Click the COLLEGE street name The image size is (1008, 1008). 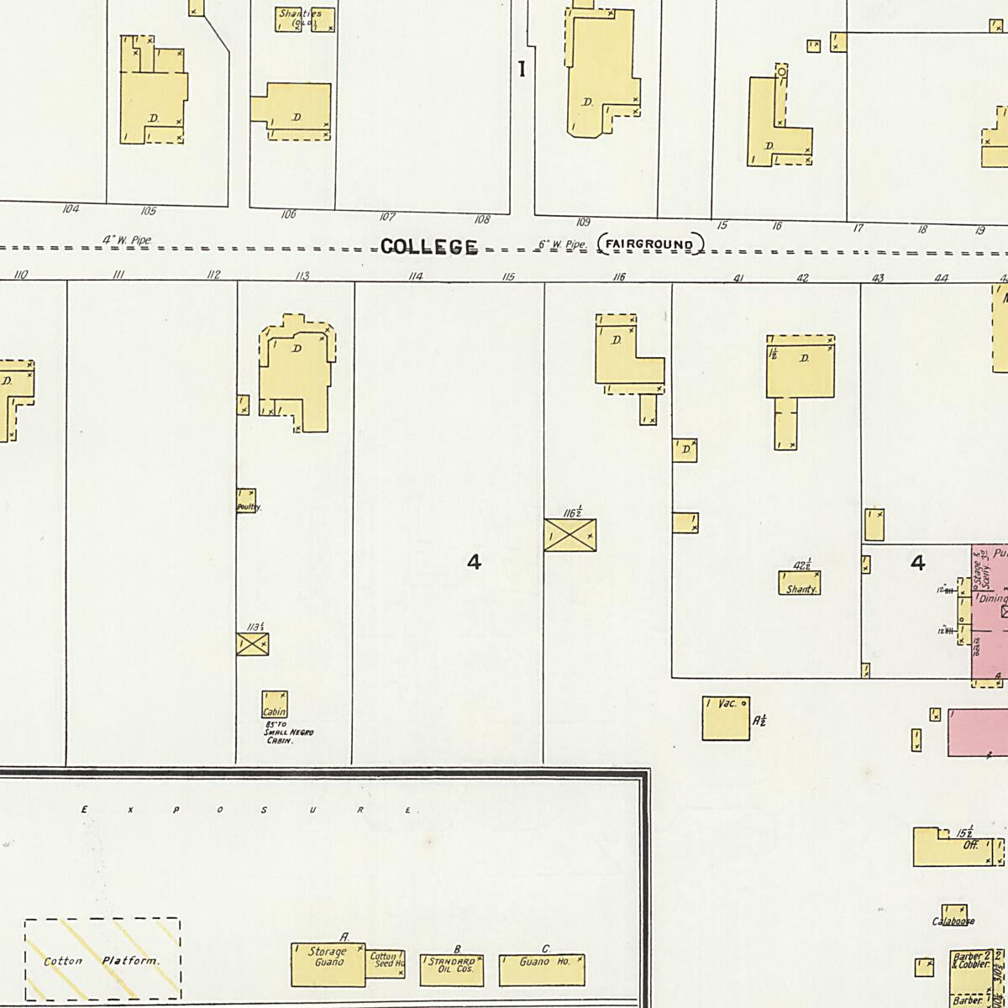pyautogui.click(x=428, y=246)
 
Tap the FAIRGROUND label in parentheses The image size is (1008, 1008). pyautogui.click(x=650, y=245)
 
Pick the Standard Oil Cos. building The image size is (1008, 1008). pyautogui.click(x=452, y=968)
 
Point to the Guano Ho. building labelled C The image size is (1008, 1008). pyautogui.click(x=542, y=969)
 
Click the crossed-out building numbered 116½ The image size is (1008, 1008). pyautogui.click(x=570, y=535)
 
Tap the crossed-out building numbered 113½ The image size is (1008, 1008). pyautogui.click(x=252, y=644)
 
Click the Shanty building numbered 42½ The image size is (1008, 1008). pyautogui.click(x=799, y=583)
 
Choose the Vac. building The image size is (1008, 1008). pyautogui.click(x=726, y=718)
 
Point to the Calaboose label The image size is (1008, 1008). pyautogui.click(x=953, y=921)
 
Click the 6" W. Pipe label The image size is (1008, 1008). pyautogui.click(x=562, y=244)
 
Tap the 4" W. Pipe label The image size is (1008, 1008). pyautogui.click(x=127, y=240)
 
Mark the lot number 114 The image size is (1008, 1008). pyautogui.click(x=415, y=276)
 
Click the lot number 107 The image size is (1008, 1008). pyautogui.click(x=386, y=217)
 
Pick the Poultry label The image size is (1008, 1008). pyautogui.click(x=249, y=507)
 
